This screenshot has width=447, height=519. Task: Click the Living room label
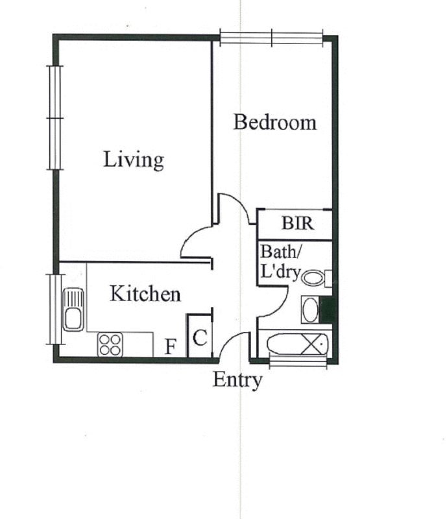click(134, 160)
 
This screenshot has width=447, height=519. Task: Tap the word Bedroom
click(275, 122)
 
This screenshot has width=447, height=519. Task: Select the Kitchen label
click(145, 294)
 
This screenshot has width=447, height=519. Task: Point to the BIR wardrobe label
click(297, 223)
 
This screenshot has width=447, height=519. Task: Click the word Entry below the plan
click(237, 380)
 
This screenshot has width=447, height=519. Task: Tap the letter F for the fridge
click(171, 347)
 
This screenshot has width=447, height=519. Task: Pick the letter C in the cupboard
click(200, 338)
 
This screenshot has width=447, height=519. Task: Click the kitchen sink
click(73, 309)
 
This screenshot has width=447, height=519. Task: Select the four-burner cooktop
click(110, 344)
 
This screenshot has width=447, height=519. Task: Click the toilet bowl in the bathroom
click(313, 278)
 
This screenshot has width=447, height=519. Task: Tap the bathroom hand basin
click(310, 310)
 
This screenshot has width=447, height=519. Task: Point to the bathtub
click(297, 344)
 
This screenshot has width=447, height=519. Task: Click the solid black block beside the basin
click(328, 310)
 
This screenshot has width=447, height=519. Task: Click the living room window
click(55, 118)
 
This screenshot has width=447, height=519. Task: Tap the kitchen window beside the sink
click(54, 309)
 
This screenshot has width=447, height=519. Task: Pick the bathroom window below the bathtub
click(298, 362)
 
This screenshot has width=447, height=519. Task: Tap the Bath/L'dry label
click(281, 261)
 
